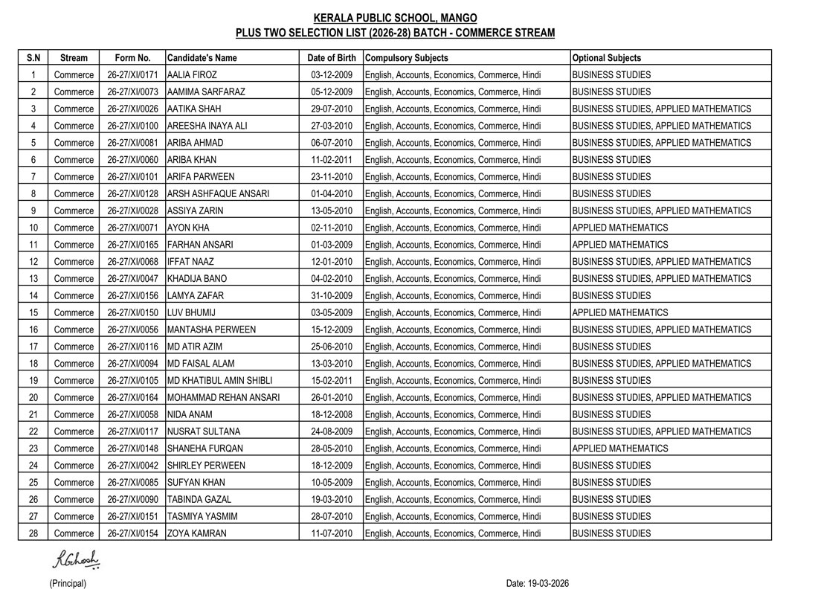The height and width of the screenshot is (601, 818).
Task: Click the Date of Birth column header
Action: coord(332,58)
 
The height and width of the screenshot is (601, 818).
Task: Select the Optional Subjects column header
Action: coord(607,58)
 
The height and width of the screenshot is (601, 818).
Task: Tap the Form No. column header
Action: coord(133,58)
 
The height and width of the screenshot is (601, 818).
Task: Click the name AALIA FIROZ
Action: coord(192,75)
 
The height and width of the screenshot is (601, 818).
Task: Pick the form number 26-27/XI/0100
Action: coord(133,126)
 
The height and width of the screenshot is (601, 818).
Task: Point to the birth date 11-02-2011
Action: coord(332,160)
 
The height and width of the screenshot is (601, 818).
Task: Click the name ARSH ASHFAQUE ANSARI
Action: coord(218,193)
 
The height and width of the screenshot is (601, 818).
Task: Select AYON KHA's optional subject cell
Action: coord(620,228)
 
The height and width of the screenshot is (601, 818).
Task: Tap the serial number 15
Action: coord(33,312)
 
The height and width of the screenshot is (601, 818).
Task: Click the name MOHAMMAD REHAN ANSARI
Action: coord(223,397)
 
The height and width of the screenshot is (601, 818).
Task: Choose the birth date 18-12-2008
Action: coord(332,414)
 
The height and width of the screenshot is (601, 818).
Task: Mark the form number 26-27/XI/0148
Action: coord(133,449)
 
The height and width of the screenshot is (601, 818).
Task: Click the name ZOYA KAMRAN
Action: coord(197,533)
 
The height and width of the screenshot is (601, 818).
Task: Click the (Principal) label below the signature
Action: coord(68,584)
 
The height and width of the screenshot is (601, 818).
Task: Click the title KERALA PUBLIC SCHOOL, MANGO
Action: coord(396,18)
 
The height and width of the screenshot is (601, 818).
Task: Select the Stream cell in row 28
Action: coord(74,533)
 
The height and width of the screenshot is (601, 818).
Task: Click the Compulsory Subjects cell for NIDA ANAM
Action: coord(453,414)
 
